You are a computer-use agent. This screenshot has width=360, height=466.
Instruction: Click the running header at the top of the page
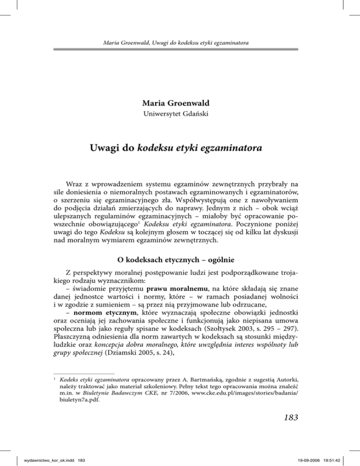point(180,44)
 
